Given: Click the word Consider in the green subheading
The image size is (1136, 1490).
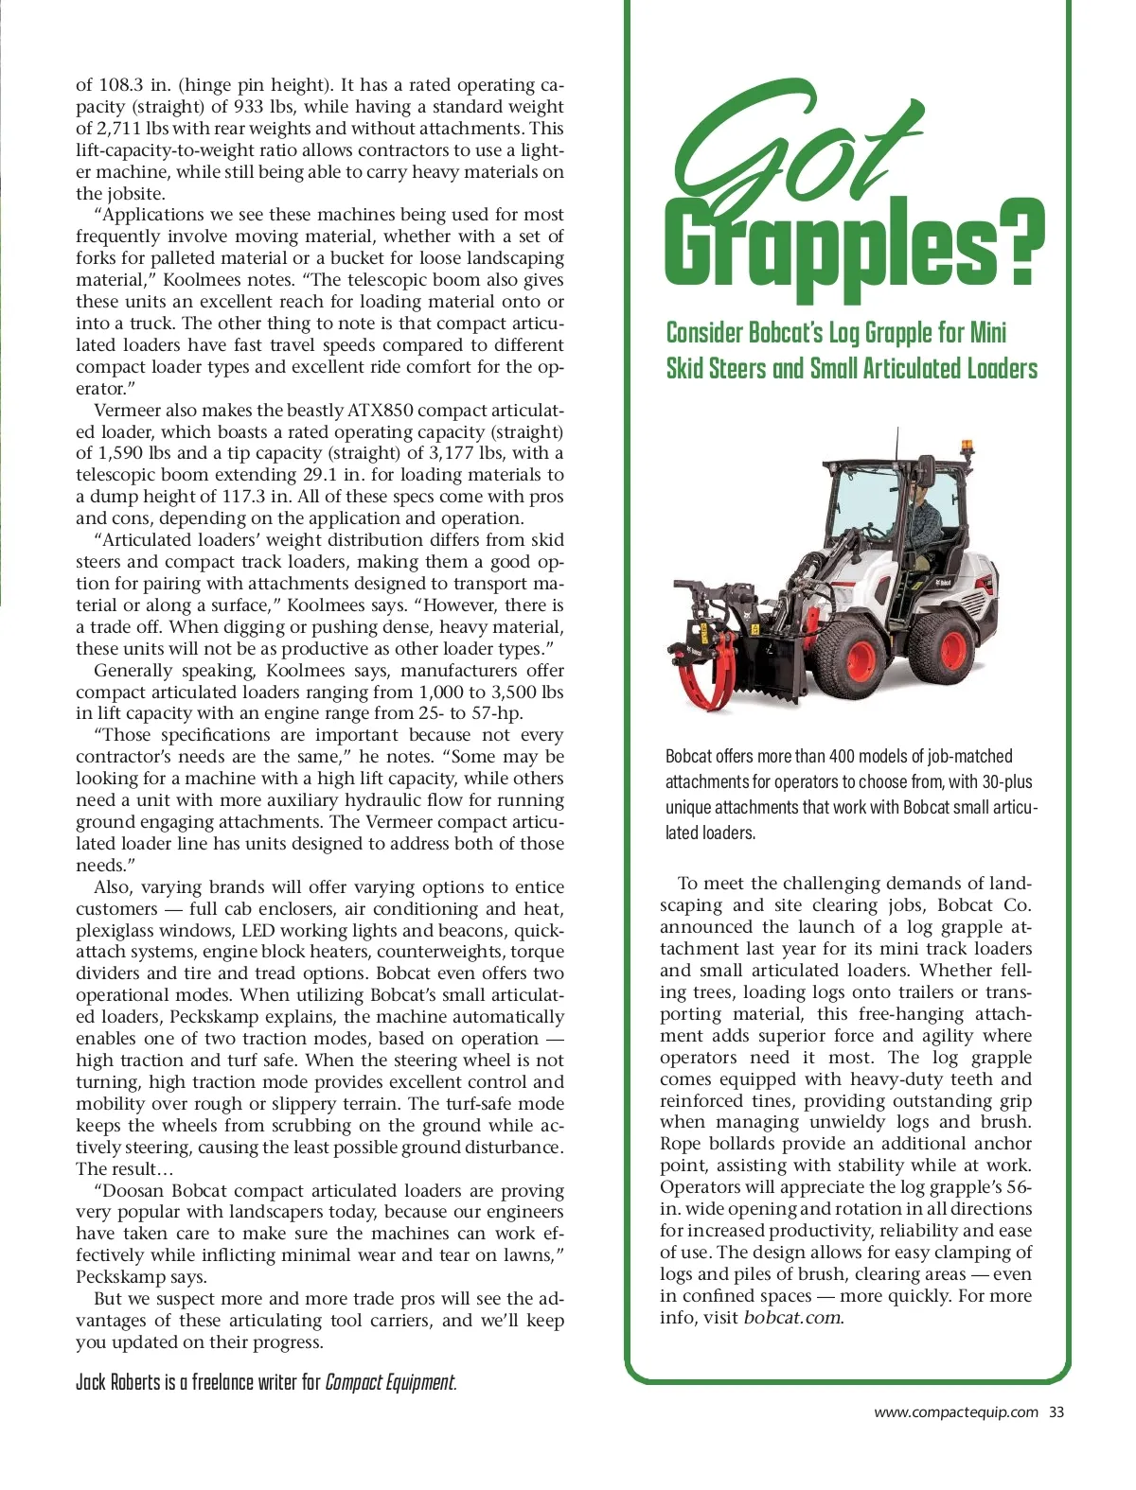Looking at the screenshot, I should (x=704, y=333).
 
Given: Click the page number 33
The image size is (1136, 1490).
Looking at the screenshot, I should (x=1056, y=1412).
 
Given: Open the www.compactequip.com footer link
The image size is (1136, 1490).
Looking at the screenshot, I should (x=955, y=1412).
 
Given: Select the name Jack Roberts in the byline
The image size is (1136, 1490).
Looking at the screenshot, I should (x=118, y=1382).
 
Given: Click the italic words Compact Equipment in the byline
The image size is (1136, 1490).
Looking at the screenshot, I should (x=389, y=1382).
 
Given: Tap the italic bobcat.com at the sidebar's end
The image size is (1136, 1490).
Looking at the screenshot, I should (x=792, y=1318).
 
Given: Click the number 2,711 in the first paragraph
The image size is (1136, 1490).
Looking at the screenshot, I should (x=121, y=129).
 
